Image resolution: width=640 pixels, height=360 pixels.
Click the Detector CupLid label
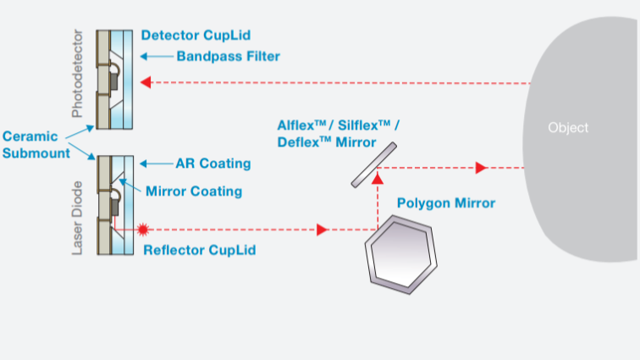coord(197,36)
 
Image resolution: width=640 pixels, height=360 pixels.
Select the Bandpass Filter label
coord(228,57)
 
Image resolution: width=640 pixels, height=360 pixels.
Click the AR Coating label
coord(212,163)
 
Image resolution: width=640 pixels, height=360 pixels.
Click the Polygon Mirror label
coord(446,203)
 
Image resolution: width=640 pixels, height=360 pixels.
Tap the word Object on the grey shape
coord(568,128)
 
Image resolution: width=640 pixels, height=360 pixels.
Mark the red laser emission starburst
coord(143,229)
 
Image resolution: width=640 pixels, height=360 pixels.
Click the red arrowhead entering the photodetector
coord(146,83)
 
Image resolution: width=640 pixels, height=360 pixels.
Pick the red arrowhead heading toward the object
coord(480,168)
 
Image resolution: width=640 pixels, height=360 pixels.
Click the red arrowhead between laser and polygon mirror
coord(323,230)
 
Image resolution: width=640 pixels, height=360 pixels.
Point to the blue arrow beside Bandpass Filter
coord(155,57)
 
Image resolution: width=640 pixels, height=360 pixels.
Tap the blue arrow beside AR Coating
coord(155,163)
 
